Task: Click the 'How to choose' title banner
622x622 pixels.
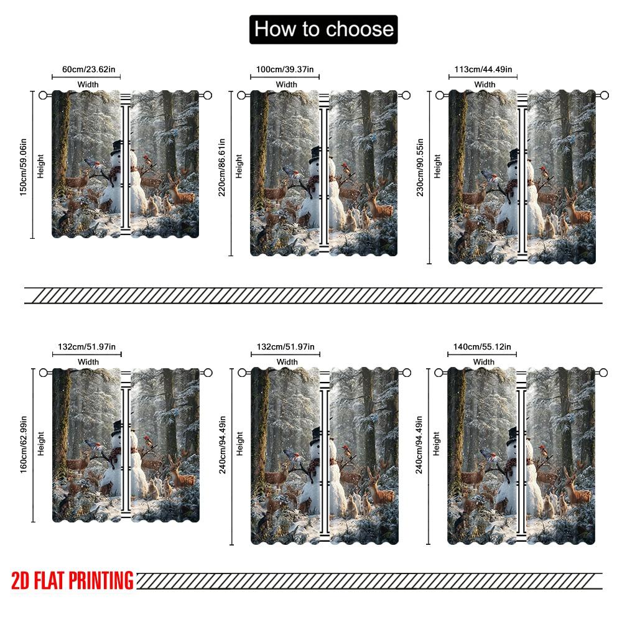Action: point(323,29)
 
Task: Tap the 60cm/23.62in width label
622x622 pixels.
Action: point(87,70)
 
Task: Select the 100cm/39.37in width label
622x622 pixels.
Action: point(285,70)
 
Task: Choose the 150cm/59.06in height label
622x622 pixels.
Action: point(23,165)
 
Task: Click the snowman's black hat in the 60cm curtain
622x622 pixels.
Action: point(118,148)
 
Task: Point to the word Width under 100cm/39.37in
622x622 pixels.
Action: point(287,84)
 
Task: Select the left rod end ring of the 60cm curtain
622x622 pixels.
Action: point(43,95)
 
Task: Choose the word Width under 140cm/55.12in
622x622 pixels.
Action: point(484,361)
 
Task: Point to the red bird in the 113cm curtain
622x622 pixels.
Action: point(544,170)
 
